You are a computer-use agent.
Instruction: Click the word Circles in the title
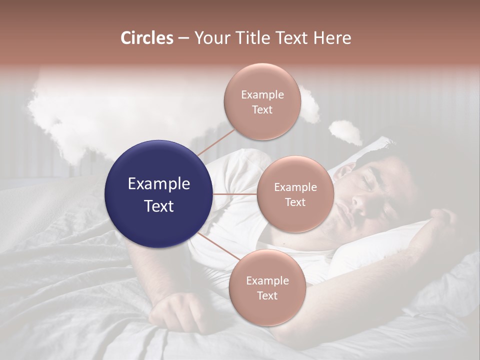[x=146, y=38]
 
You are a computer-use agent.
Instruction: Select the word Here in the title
[x=332, y=38]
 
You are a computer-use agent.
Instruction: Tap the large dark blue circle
[x=158, y=194]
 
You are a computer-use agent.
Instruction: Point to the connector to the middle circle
[x=234, y=193]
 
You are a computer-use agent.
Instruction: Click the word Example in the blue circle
[x=158, y=184]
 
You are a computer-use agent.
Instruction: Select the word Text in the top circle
[x=262, y=110]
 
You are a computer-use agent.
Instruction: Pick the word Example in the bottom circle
[x=267, y=281]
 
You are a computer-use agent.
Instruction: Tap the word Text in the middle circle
[x=295, y=202]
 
